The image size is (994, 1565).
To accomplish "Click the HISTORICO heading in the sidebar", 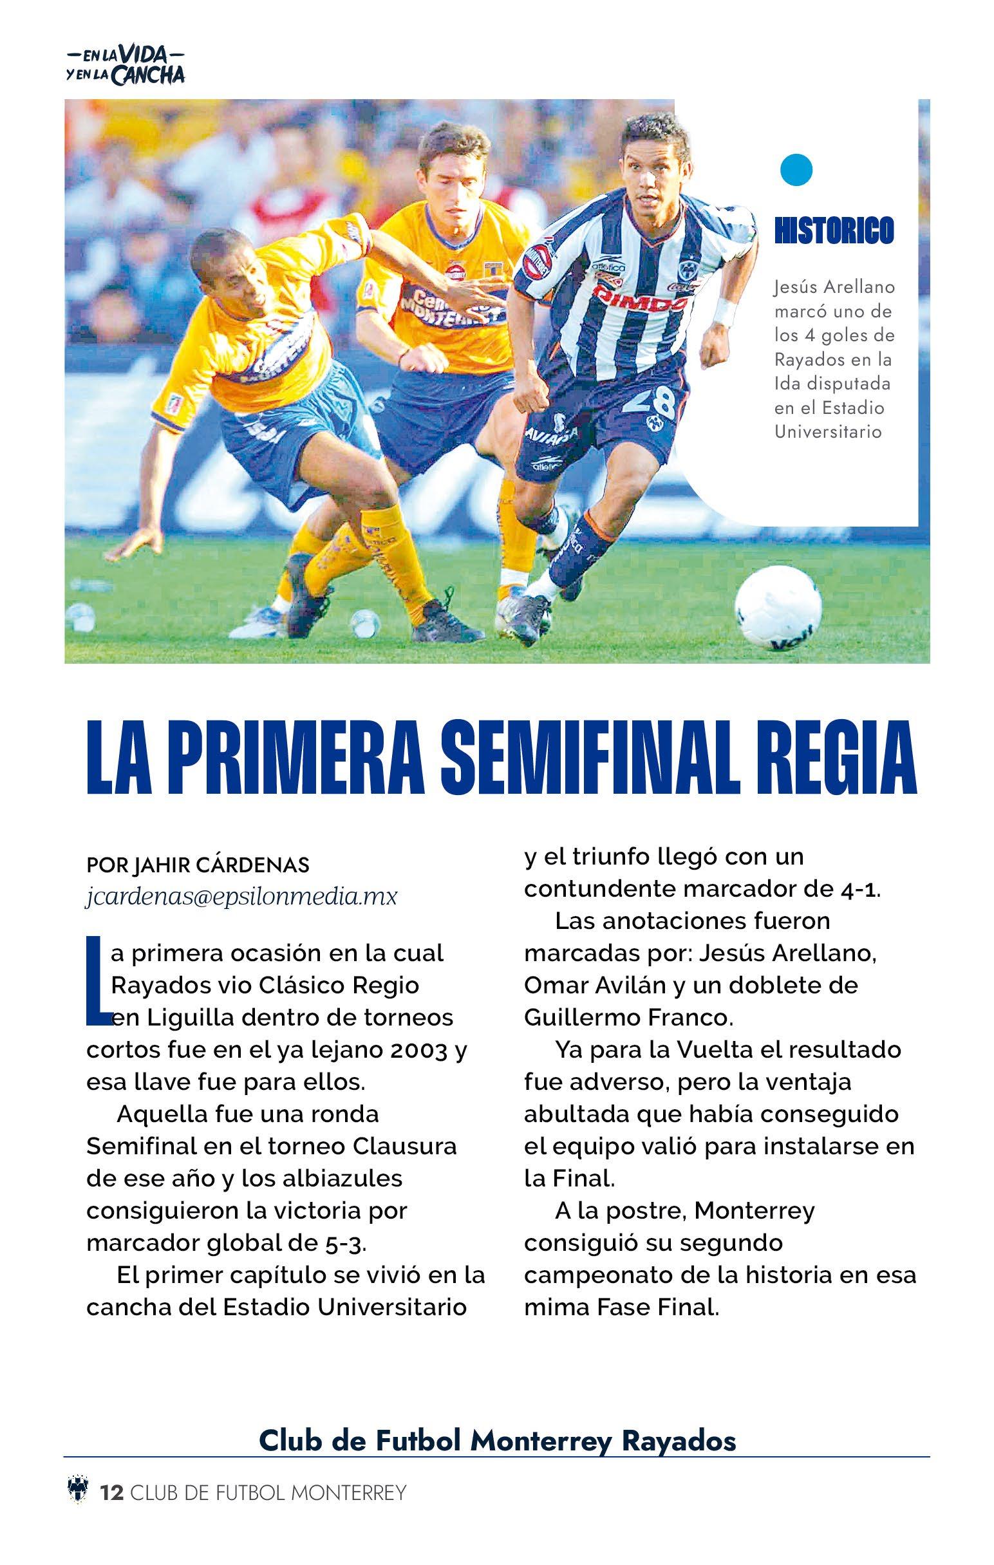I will tap(834, 230).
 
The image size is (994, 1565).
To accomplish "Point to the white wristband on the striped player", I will tap(723, 312).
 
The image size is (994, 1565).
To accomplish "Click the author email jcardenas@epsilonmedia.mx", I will tap(241, 896).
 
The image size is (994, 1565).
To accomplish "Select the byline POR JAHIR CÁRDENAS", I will tap(198, 865).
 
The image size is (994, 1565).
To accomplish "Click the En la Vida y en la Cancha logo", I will tap(126, 65).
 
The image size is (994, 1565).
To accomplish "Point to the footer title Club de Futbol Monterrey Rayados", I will tap(498, 1474).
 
